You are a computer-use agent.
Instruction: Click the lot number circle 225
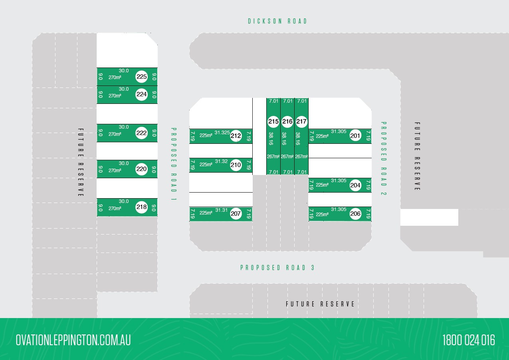coord(142,77)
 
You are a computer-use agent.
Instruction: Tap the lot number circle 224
coord(142,94)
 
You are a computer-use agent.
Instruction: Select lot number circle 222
coord(142,133)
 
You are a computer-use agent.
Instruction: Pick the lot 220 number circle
coord(142,169)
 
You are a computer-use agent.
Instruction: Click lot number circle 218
coord(142,207)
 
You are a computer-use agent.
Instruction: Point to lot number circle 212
coord(236,136)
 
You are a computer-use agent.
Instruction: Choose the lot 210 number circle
coord(236,165)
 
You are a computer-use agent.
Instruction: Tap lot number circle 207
coord(236,214)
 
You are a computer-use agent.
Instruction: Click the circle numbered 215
coord(273,121)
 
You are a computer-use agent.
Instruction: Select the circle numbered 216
coord(287,121)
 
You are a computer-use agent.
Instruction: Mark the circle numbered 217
coord(301,121)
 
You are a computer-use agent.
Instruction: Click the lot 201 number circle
coord(355,136)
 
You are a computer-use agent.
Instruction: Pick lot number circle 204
coord(355,185)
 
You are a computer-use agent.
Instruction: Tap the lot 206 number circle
coord(355,214)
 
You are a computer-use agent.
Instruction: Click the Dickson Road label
coord(278,21)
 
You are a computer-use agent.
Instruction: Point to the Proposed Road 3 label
coord(277,268)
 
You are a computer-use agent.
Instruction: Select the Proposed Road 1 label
coord(174,164)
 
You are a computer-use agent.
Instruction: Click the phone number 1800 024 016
coord(469,340)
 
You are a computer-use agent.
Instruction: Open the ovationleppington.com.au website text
coord(73,340)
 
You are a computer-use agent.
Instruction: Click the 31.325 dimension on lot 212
coord(222,133)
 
